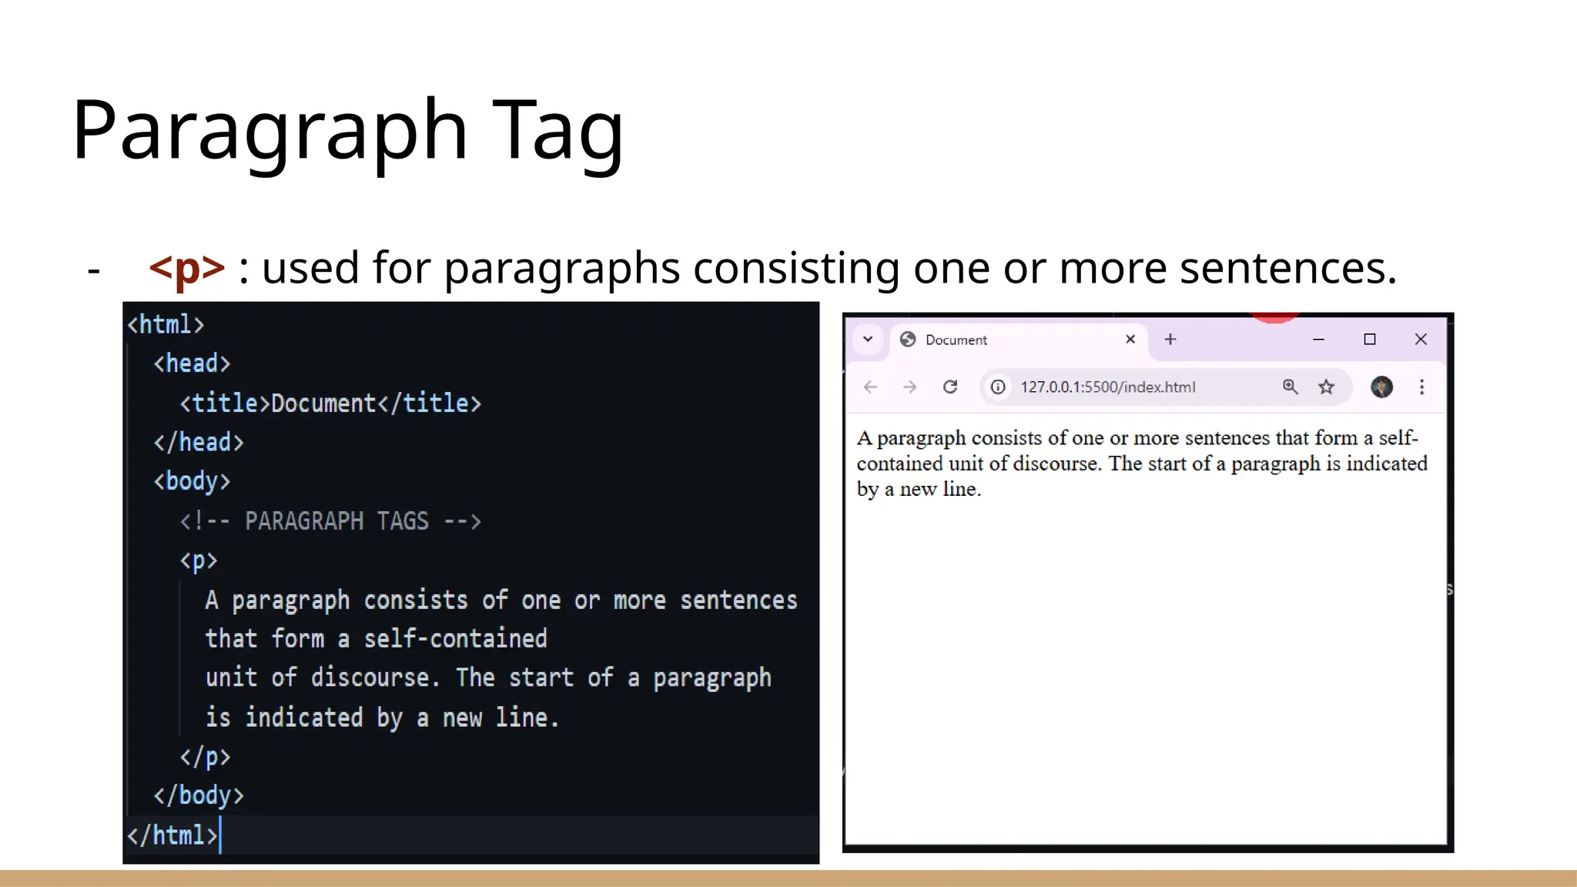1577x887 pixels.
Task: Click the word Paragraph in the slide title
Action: tap(270, 129)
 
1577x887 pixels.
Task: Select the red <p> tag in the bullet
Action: tap(187, 268)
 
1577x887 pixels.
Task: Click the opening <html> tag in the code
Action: tap(166, 324)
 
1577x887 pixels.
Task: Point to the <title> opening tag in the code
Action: tap(225, 403)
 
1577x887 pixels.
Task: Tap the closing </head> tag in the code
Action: tap(199, 442)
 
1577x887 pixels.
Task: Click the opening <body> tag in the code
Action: tap(192, 481)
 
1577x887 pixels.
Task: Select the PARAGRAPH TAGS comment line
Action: tap(330, 521)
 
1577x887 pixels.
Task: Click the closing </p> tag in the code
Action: tap(205, 756)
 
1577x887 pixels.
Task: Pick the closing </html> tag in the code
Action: tap(172, 835)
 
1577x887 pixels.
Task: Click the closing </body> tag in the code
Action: tap(199, 795)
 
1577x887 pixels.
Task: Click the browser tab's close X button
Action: tap(1130, 340)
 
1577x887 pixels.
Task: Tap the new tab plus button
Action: tap(1170, 340)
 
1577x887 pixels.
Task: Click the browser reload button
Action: tap(950, 387)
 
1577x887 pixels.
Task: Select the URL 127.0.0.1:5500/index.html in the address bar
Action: tap(1107, 387)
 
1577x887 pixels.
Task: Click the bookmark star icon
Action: tap(1326, 387)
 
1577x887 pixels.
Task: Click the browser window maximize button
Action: tap(1370, 340)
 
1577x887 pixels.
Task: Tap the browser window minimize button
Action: tap(1318, 340)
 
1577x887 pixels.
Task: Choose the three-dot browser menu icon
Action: tap(1422, 387)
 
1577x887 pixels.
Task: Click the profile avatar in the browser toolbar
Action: tap(1381, 387)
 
